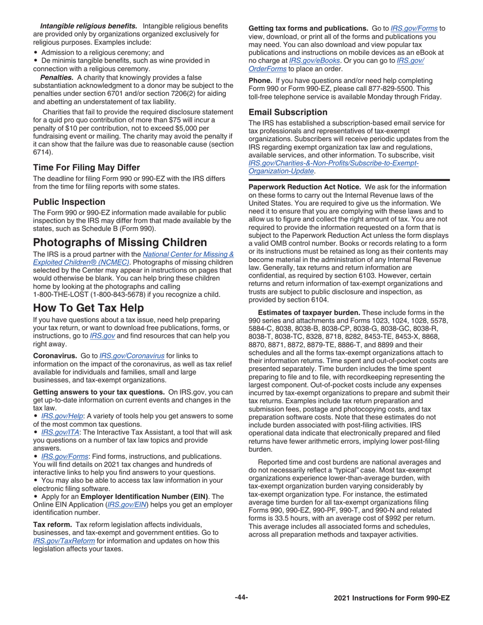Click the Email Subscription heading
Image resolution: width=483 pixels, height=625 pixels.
(288, 112)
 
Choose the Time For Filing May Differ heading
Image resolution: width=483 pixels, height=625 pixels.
(86, 167)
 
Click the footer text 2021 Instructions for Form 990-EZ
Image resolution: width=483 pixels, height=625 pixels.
(391, 598)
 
